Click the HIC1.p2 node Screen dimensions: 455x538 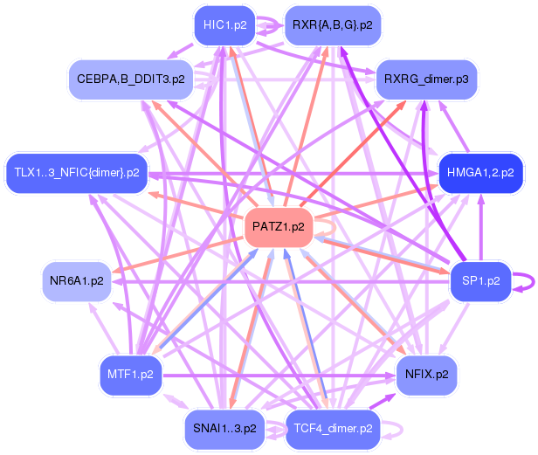224,24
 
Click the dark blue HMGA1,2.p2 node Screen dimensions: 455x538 479,172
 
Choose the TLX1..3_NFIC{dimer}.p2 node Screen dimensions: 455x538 77,172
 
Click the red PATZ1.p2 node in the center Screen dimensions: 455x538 278,227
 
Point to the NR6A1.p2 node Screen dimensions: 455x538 77,281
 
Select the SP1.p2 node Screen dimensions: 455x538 479,281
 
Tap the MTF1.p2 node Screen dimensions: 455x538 130,374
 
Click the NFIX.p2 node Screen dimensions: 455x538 427,374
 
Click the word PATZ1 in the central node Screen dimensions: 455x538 269,227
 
